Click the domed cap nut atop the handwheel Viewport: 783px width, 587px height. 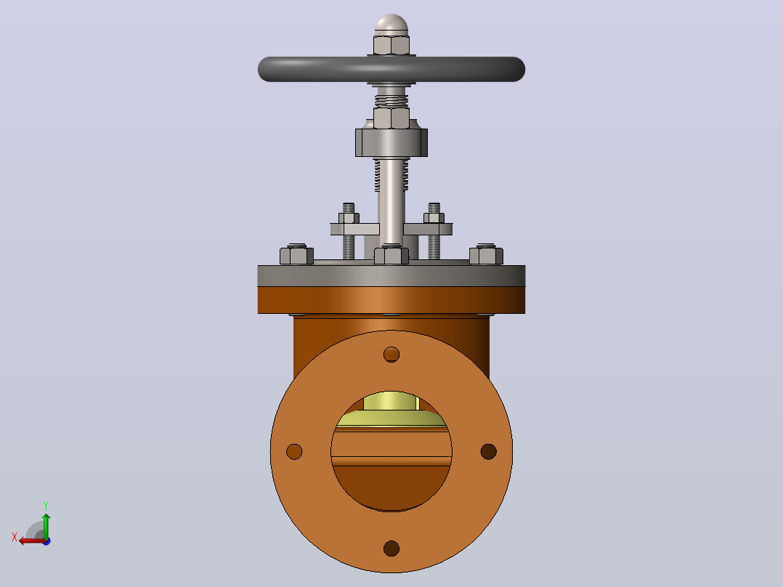click(x=391, y=25)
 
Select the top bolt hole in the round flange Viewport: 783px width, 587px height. click(x=391, y=355)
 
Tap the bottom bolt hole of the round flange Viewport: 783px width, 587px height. click(x=391, y=548)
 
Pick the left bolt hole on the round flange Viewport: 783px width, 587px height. click(x=294, y=451)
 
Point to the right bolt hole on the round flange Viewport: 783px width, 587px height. click(x=488, y=451)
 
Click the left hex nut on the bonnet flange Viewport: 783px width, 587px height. click(x=296, y=255)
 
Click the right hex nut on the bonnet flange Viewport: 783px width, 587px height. click(x=486, y=255)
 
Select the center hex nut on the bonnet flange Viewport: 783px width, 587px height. click(x=391, y=255)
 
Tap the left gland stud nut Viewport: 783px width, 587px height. click(x=349, y=218)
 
